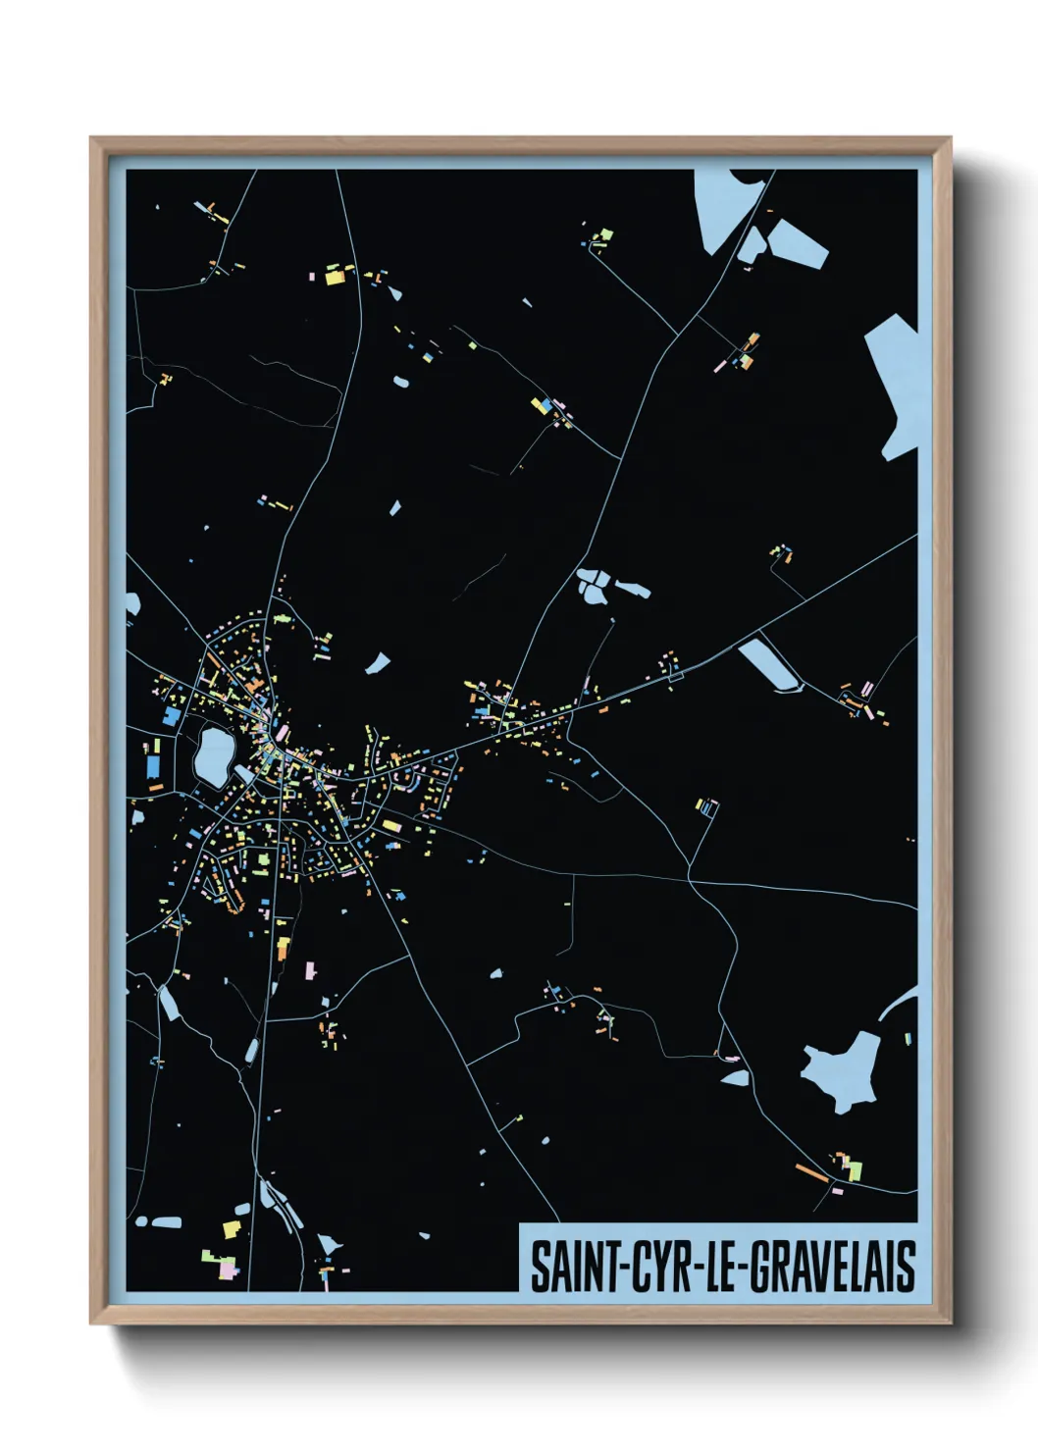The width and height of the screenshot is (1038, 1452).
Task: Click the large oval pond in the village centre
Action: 213,754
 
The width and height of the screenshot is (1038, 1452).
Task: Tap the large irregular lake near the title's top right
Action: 842,1069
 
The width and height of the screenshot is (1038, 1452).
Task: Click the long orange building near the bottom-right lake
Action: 810,1170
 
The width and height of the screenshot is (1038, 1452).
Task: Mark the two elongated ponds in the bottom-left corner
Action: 159,1222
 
